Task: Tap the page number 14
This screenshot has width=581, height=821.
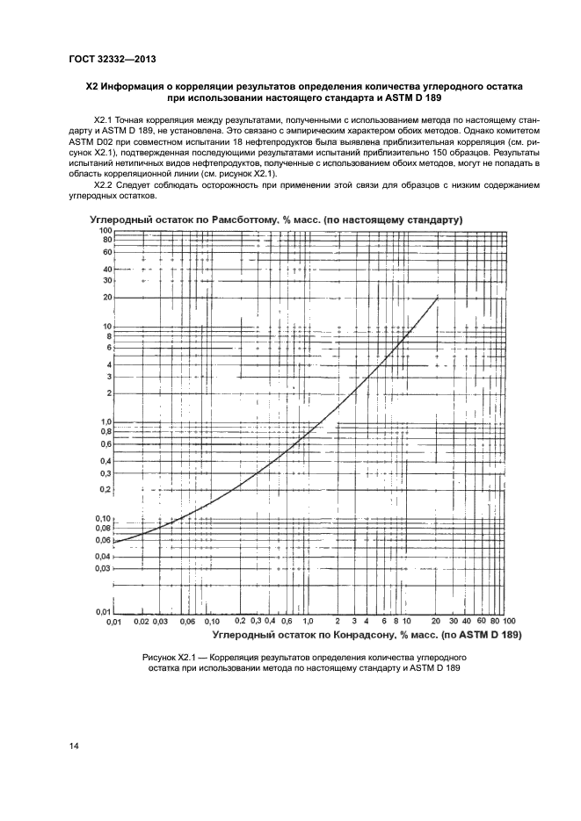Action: point(73,746)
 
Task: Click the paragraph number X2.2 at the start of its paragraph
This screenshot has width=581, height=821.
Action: point(105,186)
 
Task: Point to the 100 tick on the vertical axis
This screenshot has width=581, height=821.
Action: point(105,229)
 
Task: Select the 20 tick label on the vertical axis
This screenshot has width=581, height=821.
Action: point(107,298)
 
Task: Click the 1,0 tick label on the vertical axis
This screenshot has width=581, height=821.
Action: point(105,421)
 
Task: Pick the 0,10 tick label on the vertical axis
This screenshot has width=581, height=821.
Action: point(104,519)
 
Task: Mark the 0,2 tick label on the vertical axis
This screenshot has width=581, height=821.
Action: point(105,489)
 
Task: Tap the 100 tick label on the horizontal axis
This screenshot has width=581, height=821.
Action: point(509,621)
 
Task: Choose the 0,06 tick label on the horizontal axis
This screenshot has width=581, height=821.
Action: point(187,621)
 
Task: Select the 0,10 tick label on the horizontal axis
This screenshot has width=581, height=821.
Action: point(212,621)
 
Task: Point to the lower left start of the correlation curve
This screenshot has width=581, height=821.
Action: point(115,542)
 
